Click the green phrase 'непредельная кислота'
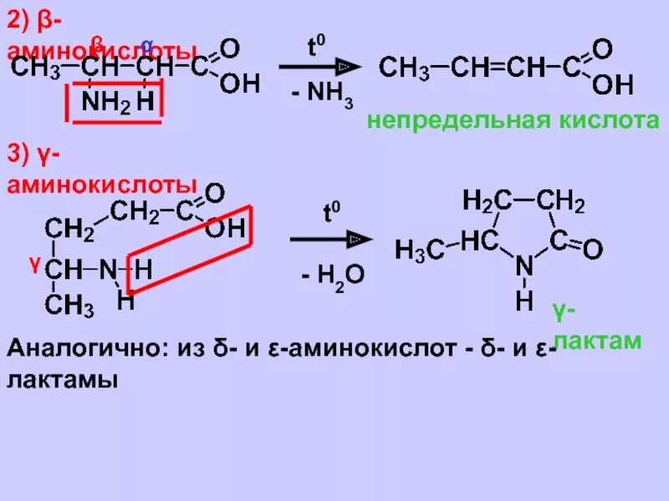tap(513, 121)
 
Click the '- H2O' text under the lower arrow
tap(333, 276)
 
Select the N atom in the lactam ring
tap(523, 266)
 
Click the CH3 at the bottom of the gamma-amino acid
tap(69, 306)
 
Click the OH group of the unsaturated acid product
tap(612, 84)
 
